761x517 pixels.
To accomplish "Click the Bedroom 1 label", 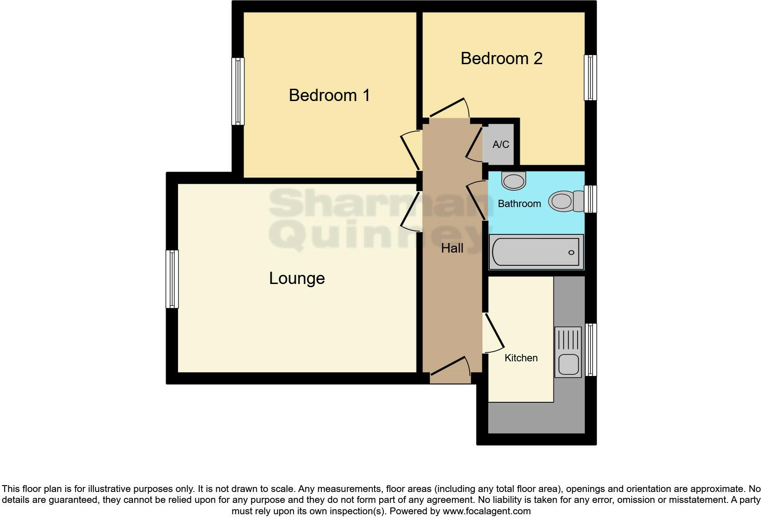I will [329, 96].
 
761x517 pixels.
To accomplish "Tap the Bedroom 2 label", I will [501, 59].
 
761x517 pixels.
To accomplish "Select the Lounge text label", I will [297, 279].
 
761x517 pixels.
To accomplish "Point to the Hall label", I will [452, 248].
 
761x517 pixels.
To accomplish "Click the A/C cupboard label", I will [501, 145].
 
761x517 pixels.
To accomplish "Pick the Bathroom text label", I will [519, 204].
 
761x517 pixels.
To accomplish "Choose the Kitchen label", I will [521, 358].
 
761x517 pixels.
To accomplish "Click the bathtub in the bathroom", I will [536, 252].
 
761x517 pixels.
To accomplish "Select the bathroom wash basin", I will [514, 181].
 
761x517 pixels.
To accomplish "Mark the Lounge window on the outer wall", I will [172, 279].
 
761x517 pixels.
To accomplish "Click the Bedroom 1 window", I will [238, 91].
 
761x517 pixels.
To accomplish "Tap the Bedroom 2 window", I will [590, 77].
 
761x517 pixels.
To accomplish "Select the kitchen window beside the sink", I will [590, 350].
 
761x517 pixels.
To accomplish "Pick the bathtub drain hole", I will [571, 253].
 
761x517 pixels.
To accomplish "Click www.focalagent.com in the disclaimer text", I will [487, 511].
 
